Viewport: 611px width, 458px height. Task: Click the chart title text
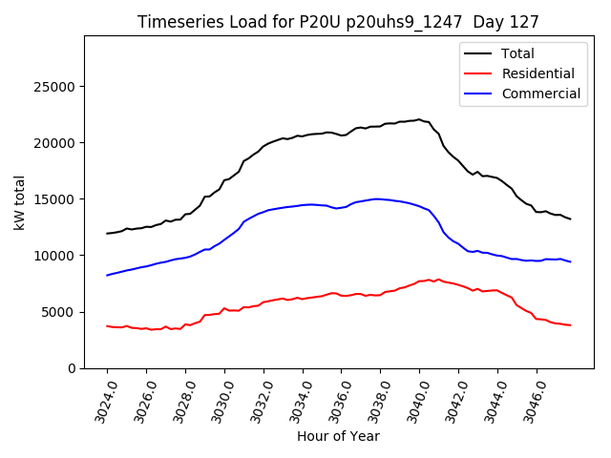(x=338, y=22)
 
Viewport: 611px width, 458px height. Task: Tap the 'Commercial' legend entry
(x=540, y=94)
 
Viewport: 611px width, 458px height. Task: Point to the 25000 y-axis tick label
(x=56, y=87)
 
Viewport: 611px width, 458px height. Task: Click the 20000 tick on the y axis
(x=56, y=143)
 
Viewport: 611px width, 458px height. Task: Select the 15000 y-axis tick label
(x=56, y=199)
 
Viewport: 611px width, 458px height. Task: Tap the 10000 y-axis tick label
(x=56, y=256)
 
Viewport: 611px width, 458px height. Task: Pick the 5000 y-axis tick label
(x=60, y=312)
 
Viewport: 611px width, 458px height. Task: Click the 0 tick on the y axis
(x=72, y=368)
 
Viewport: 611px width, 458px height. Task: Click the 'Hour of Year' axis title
(x=338, y=437)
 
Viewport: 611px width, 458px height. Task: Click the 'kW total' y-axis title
(x=20, y=201)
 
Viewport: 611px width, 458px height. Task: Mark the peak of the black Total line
(x=419, y=119)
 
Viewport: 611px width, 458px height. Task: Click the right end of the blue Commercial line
(x=570, y=261)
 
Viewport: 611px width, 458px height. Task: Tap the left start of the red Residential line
(x=107, y=326)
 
